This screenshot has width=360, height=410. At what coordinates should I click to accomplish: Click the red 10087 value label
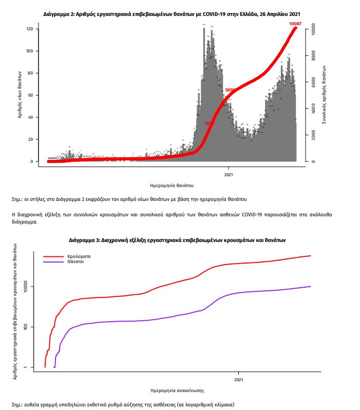coord(295,23)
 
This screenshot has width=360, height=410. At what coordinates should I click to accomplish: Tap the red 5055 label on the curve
coord(230,90)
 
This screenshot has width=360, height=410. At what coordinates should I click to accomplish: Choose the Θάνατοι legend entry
coord(75,262)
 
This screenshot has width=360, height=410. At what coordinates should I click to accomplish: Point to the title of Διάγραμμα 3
coord(177,240)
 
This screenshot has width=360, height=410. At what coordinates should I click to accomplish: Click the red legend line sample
coord(52,256)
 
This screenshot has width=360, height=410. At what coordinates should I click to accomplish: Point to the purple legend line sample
coord(52,262)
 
